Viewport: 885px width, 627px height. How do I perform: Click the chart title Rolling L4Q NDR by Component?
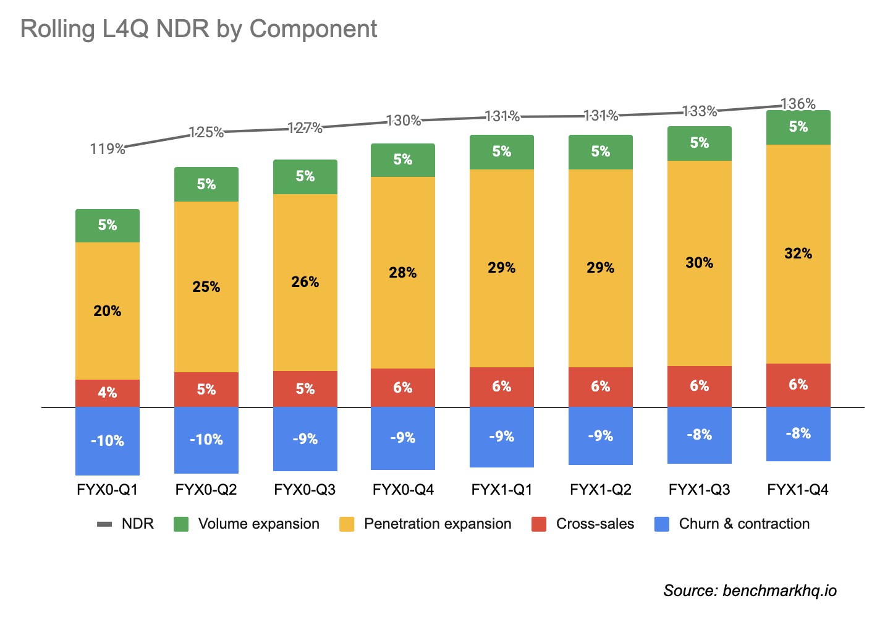pos(198,29)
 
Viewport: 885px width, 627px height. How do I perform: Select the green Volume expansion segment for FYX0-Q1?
pos(108,226)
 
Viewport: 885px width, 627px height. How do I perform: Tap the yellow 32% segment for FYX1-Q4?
pos(798,254)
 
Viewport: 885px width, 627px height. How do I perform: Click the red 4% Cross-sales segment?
pos(108,393)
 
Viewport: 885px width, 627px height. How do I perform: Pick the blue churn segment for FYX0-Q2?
pos(206,440)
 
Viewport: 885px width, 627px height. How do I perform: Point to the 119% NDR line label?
pos(108,148)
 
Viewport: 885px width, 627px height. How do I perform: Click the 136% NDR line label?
pos(798,104)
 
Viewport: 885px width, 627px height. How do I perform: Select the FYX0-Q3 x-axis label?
pos(305,490)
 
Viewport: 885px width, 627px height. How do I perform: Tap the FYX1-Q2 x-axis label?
pos(601,490)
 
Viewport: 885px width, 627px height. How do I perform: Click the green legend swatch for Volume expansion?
pos(181,524)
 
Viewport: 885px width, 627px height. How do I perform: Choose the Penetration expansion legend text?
pos(438,524)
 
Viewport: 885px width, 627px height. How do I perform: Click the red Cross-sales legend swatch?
pos(539,524)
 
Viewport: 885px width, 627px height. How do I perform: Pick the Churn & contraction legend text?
pos(744,524)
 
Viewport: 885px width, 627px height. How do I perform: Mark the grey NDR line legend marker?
pos(104,524)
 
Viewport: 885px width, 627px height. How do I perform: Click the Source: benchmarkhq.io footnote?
pos(750,591)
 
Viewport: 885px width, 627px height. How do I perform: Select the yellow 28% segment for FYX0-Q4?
pos(403,273)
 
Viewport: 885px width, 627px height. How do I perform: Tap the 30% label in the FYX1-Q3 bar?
pos(699,263)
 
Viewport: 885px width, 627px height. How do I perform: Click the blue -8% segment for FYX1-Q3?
pos(699,435)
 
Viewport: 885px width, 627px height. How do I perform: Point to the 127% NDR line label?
pos(305,128)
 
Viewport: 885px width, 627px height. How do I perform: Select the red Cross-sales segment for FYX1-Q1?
pos(502,386)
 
